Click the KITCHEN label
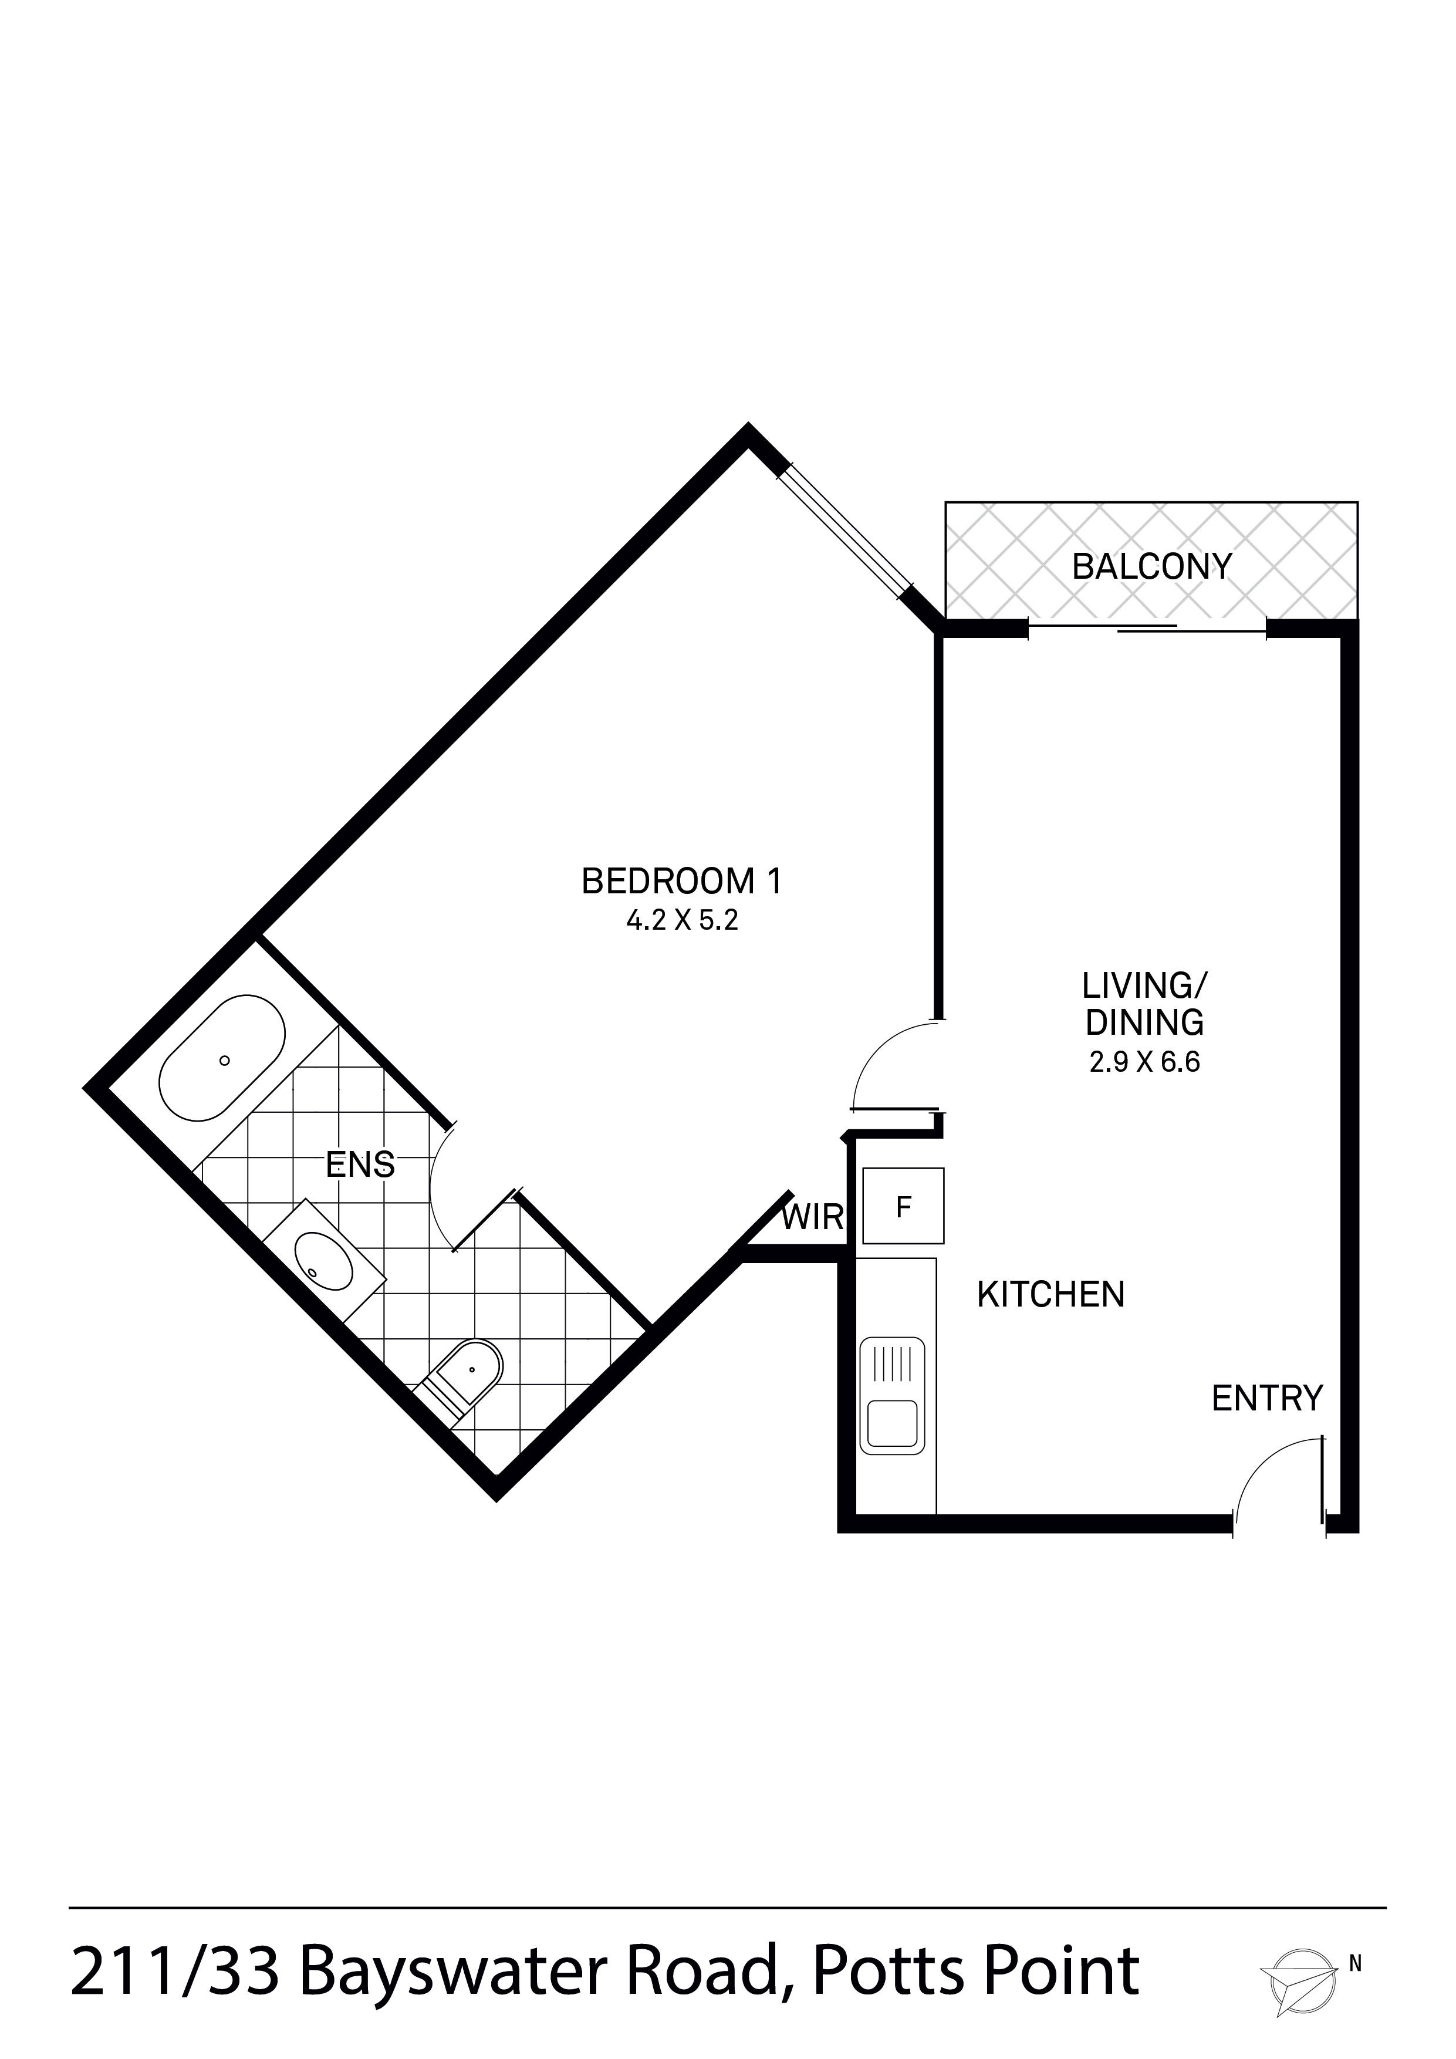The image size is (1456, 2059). point(1050,1294)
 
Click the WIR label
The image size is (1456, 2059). point(812,1218)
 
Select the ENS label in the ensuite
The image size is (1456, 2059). point(360,1165)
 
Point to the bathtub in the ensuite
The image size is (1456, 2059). point(222,1058)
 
